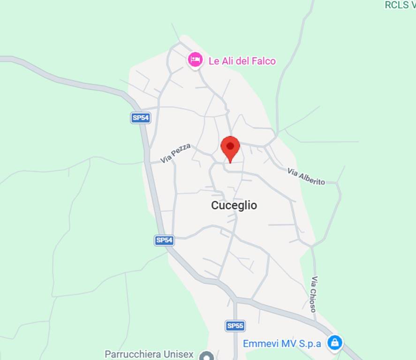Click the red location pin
coord(230,148)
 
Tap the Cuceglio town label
coord(234,205)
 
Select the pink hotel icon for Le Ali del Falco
coord(195,60)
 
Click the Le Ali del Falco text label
coord(242,61)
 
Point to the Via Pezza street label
coord(175,153)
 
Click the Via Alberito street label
coord(306,176)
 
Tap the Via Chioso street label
coord(313,294)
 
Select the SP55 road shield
coord(235,326)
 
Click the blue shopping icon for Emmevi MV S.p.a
coord(334,343)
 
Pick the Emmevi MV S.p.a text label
coord(282,344)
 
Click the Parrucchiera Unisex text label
coord(149,354)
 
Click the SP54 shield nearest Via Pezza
coord(140,118)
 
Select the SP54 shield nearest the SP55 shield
coord(164,240)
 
